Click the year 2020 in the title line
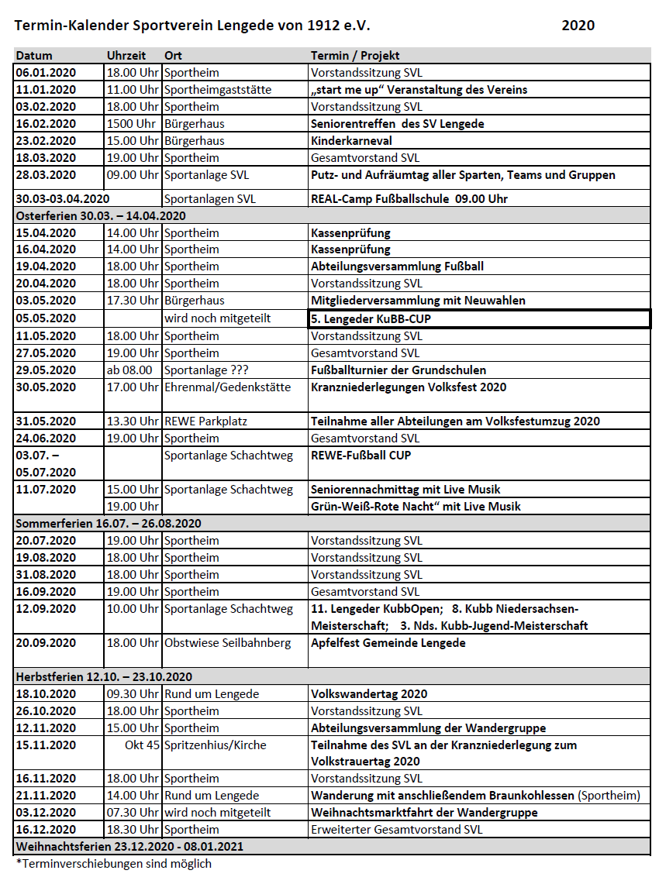pos(578,26)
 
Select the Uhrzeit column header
pos(126,56)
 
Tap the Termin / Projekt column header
pos(355,56)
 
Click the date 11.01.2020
pos(46,90)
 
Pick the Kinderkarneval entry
pos(351,141)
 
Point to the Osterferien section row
pos(101,215)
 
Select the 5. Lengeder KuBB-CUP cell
pos(371,318)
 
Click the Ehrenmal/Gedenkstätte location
pos(227,387)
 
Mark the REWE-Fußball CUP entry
pos(361,456)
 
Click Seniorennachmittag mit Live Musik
pos(405,490)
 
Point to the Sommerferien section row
pos(109,524)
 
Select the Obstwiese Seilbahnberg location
pos(227,643)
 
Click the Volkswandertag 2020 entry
pos(369,694)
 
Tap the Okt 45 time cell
pos(142,745)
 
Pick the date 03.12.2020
pos(46,813)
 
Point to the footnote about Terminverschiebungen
pos(113,863)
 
